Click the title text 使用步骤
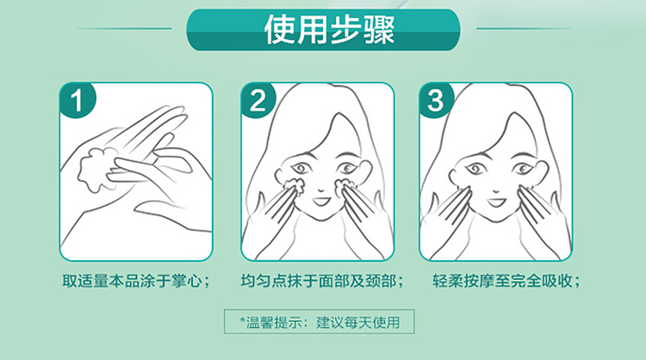pyautogui.click(x=329, y=29)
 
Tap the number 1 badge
pyautogui.click(x=78, y=100)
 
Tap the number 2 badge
pyautogui.click(x=258, y=100)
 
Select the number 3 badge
pyautogui.click(x=436, y=100)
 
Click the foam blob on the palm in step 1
pyautogui.click(x=96, y=169)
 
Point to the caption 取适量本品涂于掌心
pyautogui.click(x=136, y=282)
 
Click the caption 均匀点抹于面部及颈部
pyautogui.click(x=322, y=282)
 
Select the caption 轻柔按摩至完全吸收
pyautogui.click(x=506, y=282)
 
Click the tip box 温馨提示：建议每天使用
pyautogui.click(x=320, y=322)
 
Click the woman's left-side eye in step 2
pyautogui.click(x=301, y=169)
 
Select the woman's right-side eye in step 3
pyautogui.click(x=523, y=168)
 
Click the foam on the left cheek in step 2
pyautogui.click(x=295, y=186)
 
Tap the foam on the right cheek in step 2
pyautogui.click(x=344, y=187)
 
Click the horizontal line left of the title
pyautogui.click(x=124, y=28)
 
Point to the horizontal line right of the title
pyautogui.click(x=524, y=28)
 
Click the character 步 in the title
pyautogui.click(x=345, y=29)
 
